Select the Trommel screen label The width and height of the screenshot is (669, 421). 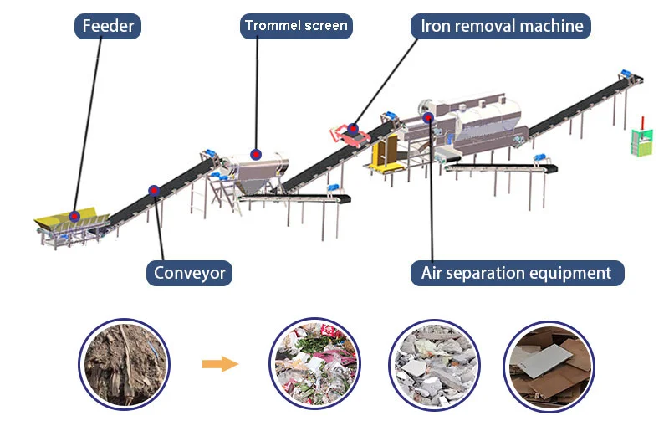pos(296,26)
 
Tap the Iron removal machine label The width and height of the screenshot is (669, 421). pos(501,26)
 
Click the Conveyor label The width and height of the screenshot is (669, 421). pos(189,273)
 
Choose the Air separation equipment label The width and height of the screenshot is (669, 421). pos(516,273)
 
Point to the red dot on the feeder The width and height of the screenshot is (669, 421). pos(74,216)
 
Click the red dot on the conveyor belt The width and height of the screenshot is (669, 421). pos(153,190)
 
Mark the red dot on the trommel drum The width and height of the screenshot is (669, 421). pos(256,155)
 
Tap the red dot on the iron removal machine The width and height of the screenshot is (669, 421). pos(353,129)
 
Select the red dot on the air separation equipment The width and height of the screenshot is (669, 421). pos(430,117)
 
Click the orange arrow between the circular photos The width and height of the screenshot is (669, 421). pos(220,364)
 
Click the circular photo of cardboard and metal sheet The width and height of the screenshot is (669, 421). pos(549,364)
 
